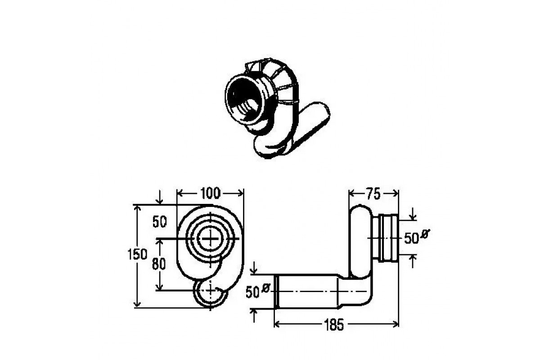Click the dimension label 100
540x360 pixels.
[210, 193]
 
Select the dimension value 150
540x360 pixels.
[137, 254]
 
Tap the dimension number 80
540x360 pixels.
[159, 264]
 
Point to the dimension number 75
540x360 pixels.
[373, 194]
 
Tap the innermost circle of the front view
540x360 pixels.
[211, 238]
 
